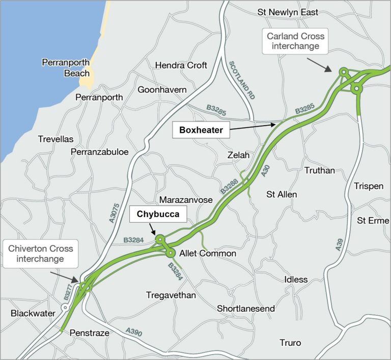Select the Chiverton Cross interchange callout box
click(41, 254)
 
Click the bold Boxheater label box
click(201, 130)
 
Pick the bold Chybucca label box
click(157, 215)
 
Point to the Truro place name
click(290, 343)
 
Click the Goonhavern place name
click(162, 89)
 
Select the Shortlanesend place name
click(246, 309)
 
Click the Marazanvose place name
click(185, 200)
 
